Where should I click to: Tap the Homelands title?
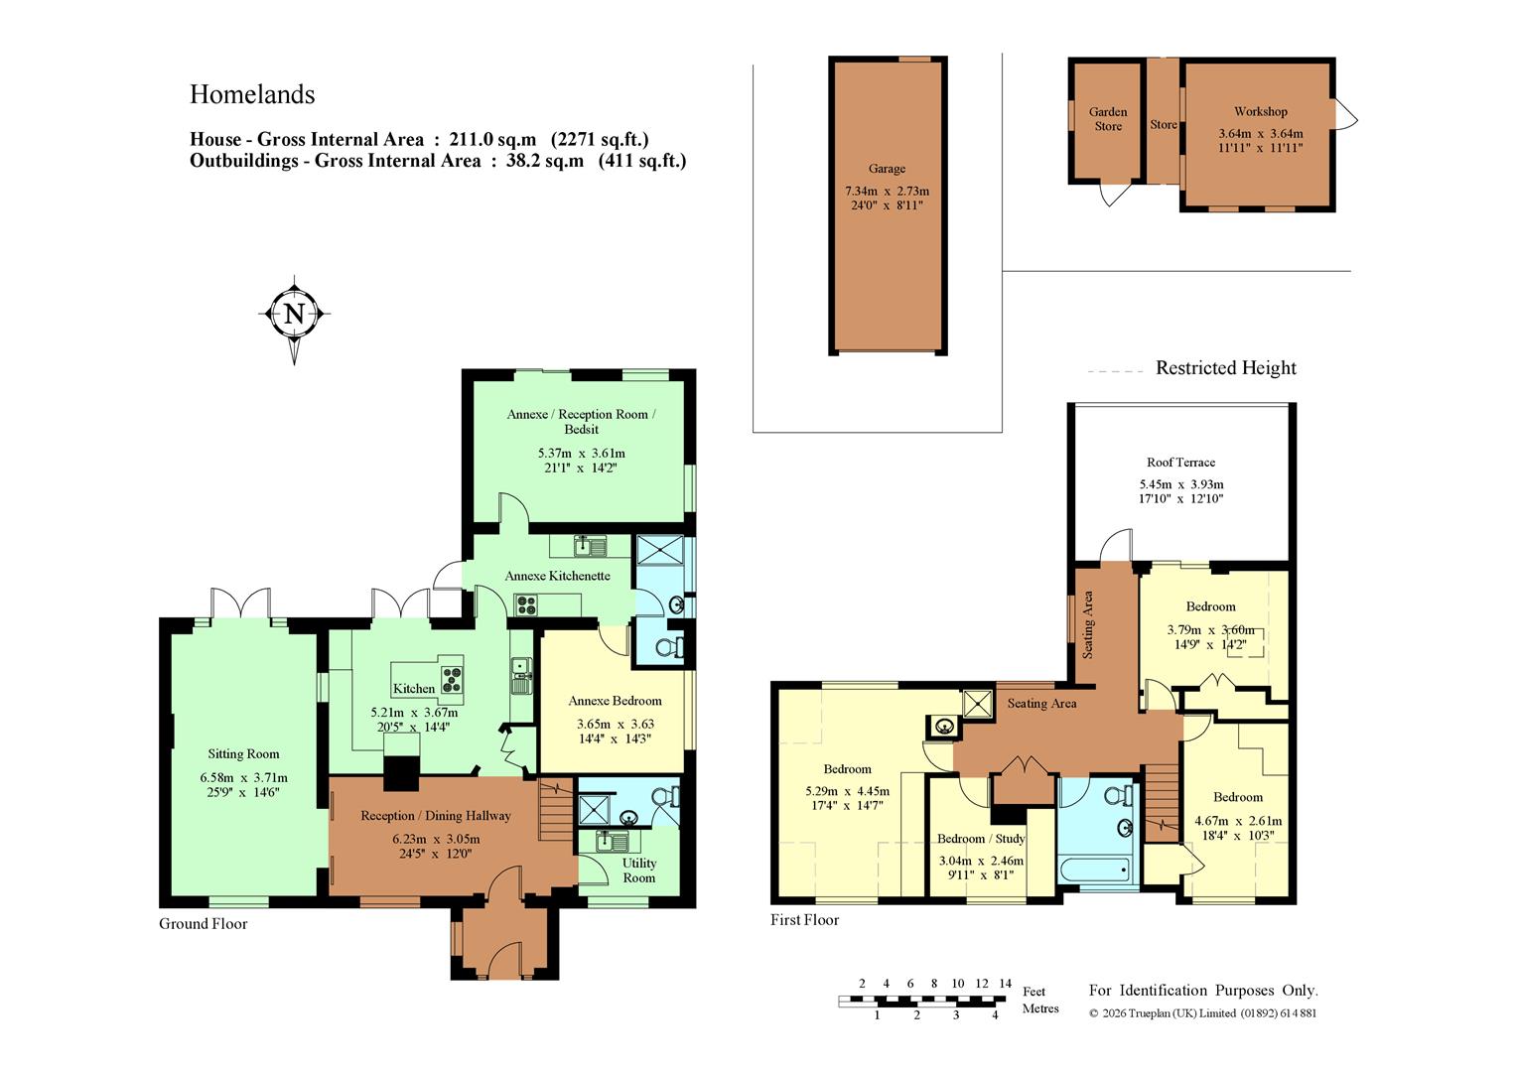(x=252, y=94)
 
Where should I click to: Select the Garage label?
(x=887, y=169)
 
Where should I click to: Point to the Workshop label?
(x=1260, y=111)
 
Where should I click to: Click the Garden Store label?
(x=1108, y=119)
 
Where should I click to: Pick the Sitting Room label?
(x=243, y=754)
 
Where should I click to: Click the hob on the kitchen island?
(x=452, y=680)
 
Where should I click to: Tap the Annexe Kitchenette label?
(x=557, y=576)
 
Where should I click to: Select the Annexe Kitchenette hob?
(x=526, y=604)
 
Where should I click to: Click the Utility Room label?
(x=639, y=871)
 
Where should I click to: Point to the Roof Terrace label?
(x=1180, y=463)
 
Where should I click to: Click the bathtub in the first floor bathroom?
(x=1094, y=869)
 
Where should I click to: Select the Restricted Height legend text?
(x=1226, y=368)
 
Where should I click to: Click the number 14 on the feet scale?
(x=1005, y=984)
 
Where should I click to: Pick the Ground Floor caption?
(x=204, y=924)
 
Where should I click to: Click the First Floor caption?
(x=804, y=920)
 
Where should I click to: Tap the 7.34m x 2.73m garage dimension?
(x=887, y=191)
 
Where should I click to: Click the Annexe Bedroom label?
(x=615, y=701)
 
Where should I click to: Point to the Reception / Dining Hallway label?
(x=435, y=816)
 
